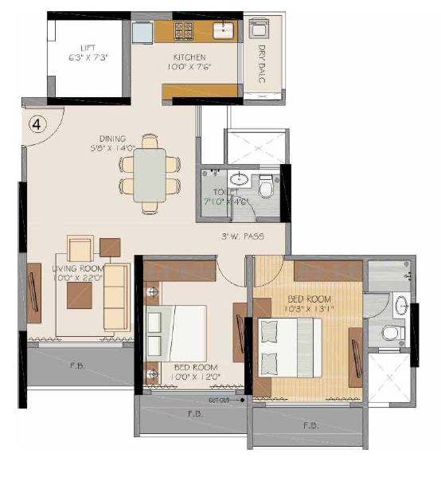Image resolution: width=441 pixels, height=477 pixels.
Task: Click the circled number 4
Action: [37, 124]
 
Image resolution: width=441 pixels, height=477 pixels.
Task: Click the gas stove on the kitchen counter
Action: [183, 33]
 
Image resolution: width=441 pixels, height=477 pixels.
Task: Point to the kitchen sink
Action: [222, 31]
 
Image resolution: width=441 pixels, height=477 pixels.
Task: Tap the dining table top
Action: [150, 174]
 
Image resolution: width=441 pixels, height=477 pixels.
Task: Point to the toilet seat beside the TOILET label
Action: [267, 188]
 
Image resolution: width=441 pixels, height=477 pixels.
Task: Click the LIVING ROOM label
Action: [78, 272]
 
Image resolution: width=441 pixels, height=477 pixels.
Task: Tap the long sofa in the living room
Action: [116, 296]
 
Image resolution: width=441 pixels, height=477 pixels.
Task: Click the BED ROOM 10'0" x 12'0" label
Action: [195, 371]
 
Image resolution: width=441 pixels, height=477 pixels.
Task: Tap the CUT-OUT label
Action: [220, 400]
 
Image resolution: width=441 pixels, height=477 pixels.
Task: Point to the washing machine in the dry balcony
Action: [260, 29]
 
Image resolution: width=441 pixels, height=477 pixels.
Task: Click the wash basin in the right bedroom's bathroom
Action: [402, 307]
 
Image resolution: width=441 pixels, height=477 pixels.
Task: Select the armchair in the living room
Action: [81, 248]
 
